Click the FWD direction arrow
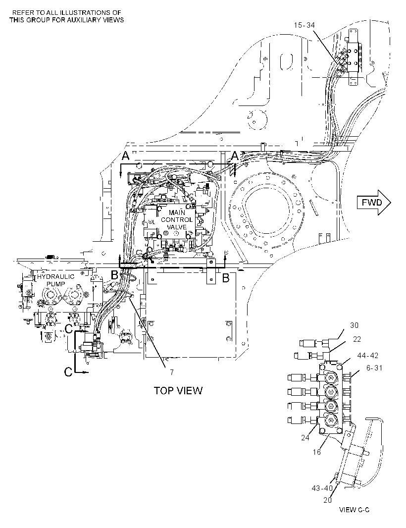coord(374,203)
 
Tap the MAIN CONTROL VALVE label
coord(177,219)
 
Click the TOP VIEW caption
coord(178,391)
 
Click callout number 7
coord(171,372)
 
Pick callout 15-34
coord(304,25)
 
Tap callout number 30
coord(354,325)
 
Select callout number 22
coord(357,339)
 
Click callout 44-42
coord(367,355)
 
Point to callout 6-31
coord(374,368)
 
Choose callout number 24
coord(305,438)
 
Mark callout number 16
coord(316,452)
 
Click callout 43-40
coord(322,488)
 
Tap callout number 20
coord(328,500)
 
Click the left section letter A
coord(125,156)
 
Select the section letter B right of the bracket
coord(226,278)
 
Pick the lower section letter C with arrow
coord(68,372)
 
